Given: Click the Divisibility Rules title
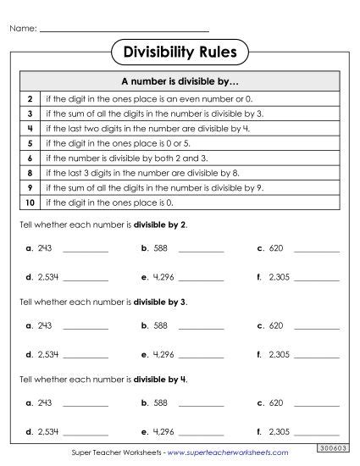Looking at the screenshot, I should pyautogui.click(x=180, y=53).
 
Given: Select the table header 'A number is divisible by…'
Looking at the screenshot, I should pyautogui.click(x=180, y=83).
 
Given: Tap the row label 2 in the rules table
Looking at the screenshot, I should pyautogui.click(x=30, y=99).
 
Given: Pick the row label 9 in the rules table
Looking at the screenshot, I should pyautogui.click(x=30, y=188).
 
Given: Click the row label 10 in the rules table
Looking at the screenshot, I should pyautogui.click(x=30, y=203).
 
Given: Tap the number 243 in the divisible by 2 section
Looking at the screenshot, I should pyautogui.click(x=45, y=249).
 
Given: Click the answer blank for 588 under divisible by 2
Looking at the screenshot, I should pyautogui.click(x=202, y=251).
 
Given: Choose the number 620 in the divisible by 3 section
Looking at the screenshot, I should pyautogui.click(x=276, y=325).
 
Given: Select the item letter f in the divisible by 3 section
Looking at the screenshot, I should pyautogui.click(x=258, y=354).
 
